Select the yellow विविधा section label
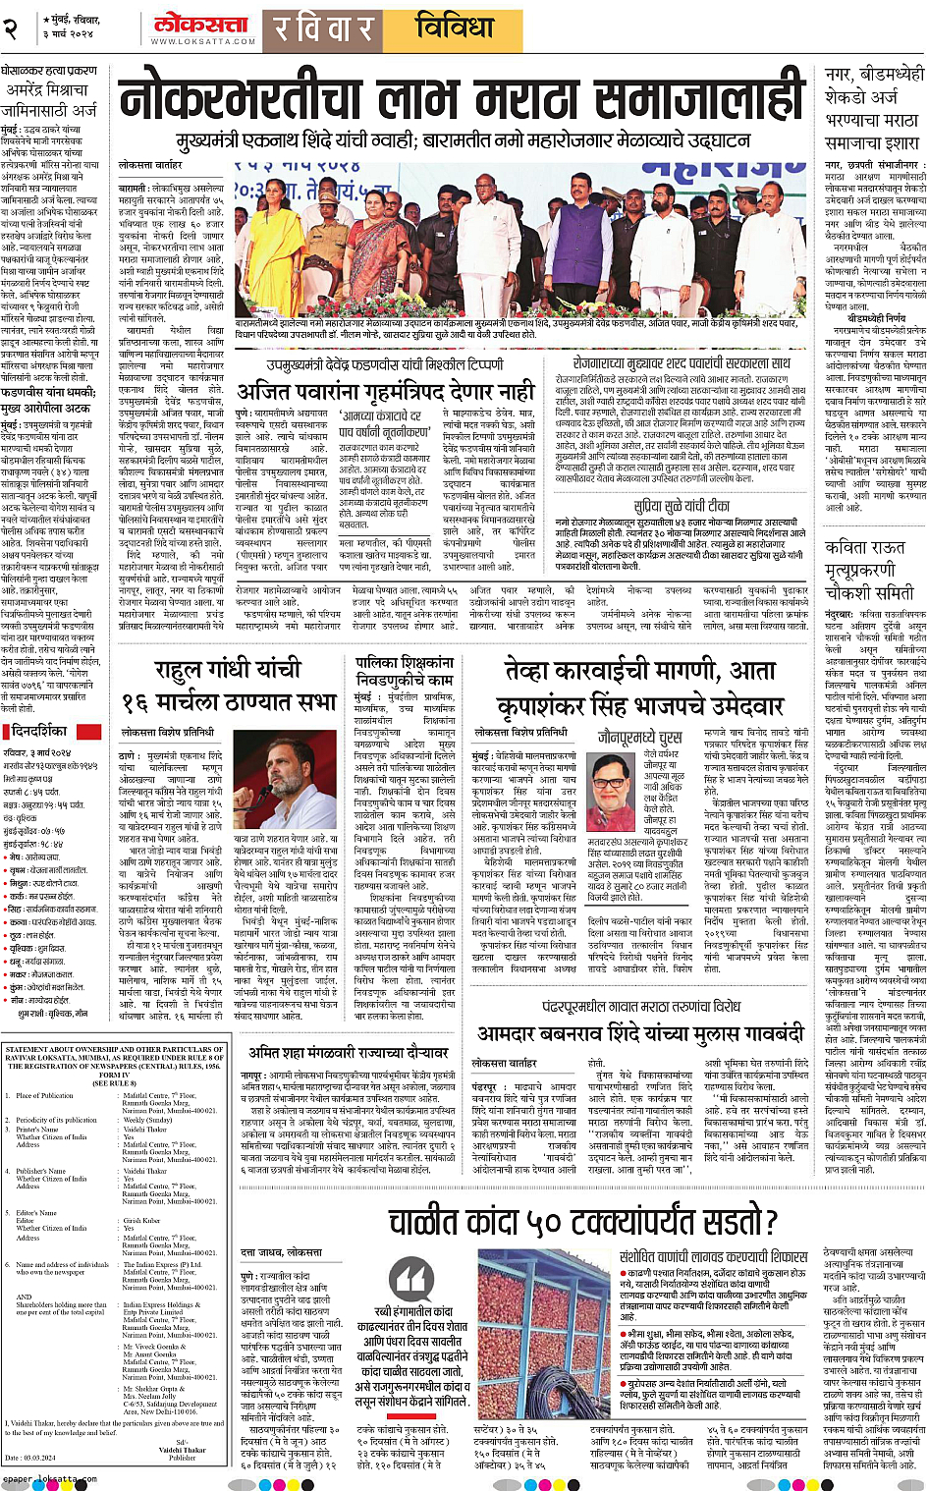tap(453, 26)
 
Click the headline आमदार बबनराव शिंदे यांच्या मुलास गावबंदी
tap(640, 1032)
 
